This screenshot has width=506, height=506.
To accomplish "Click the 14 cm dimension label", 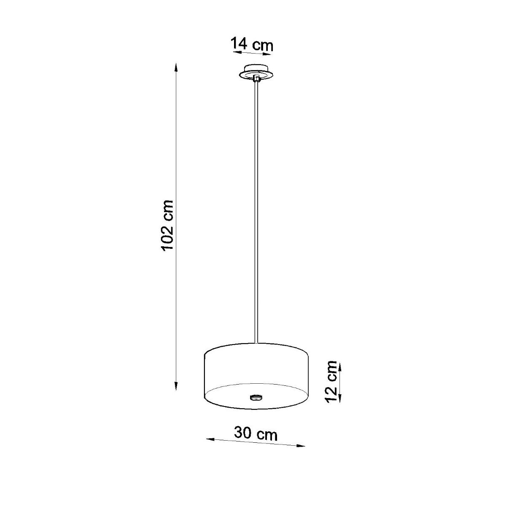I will (x=252, y=44).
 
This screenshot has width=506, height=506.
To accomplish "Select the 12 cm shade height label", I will (x=331, y=381).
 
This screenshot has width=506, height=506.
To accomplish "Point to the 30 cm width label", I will (x=256, y=433).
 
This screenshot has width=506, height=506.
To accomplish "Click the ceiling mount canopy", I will (x=256, y=72).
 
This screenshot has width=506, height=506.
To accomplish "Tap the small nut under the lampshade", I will (x=256, y=397).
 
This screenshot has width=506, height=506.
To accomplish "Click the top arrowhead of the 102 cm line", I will (x=176, y=67).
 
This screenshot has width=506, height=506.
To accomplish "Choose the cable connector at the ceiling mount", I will (x=256, y=78).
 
